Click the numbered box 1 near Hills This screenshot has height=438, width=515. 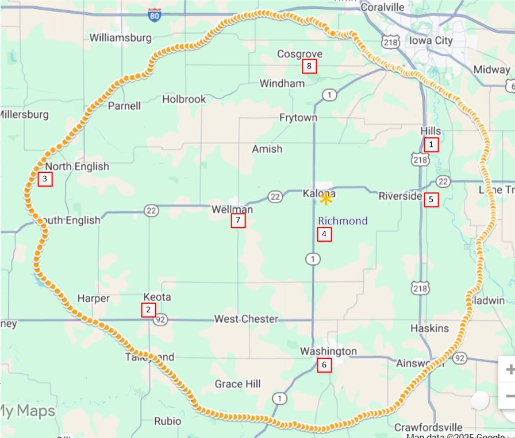coord(431,145)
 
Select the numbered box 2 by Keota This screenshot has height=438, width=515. coord(148,310)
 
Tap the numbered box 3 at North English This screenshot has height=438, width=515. coord(44,179)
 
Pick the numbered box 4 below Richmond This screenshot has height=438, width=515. coord(324,234)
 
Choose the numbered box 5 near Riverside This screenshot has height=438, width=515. coord(431,200)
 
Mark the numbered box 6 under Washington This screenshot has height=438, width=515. coord(324,365)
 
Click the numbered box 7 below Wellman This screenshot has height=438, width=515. coord(238,220)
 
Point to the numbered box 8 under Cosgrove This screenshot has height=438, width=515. coord(309,67)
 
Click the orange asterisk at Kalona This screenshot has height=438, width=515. coord(326,199)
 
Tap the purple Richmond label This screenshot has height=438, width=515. coord(343,221)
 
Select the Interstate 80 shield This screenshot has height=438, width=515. coord(154,15)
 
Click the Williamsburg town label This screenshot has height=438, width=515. coord(121,38)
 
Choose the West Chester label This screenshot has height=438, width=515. coord(246,319)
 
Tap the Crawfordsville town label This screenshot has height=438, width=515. coord(428,427)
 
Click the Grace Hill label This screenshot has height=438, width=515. coord(237,383)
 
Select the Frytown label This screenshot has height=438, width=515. coord(298,118)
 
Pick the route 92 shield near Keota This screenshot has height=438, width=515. coord(160,319)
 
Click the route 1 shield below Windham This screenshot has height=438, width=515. coord(329,94)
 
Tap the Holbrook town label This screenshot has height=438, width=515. coord(183,99)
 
